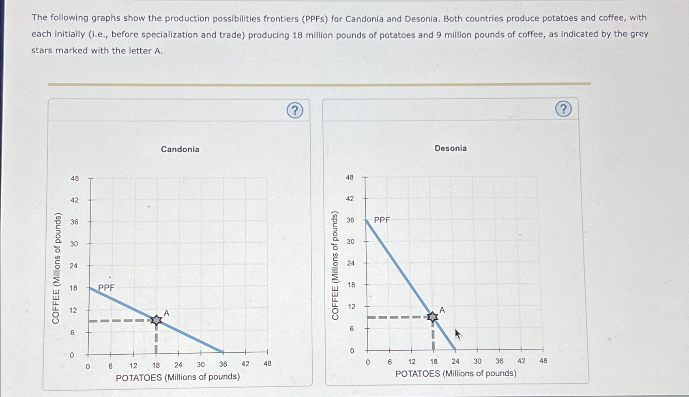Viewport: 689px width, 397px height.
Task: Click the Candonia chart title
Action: (x=180, y=149)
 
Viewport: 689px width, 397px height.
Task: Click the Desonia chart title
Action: (x=451, y=149)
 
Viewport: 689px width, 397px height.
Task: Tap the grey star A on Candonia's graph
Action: (x=156, y=320)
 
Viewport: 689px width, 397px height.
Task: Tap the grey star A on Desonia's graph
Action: (x=433, y=317)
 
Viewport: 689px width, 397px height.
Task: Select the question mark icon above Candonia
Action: (x=295, y=110)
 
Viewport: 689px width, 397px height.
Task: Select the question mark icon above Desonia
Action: (x=563, y=109)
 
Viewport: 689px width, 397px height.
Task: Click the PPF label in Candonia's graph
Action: (x=107, y=288)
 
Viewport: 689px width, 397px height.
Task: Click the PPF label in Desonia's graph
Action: (x=382, y=220)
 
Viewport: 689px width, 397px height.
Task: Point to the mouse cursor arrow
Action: (x=458, y=334)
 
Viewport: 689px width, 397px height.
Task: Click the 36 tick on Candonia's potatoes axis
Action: (x=223, y=365)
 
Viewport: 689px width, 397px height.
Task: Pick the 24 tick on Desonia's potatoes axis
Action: (x=455, y=361)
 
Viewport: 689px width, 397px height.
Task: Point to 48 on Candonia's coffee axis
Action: (x=75, y=178)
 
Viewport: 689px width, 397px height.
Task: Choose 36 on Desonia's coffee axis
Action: (x=350, y=220)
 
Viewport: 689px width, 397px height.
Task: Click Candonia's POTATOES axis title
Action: (x=178, y=377)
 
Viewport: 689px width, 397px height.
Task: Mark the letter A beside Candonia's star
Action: (x=166, y=313)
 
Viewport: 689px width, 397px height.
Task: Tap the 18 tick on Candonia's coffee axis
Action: (x=73, y=288)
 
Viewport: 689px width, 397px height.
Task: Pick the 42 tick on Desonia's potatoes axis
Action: (x=521, y=361)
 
